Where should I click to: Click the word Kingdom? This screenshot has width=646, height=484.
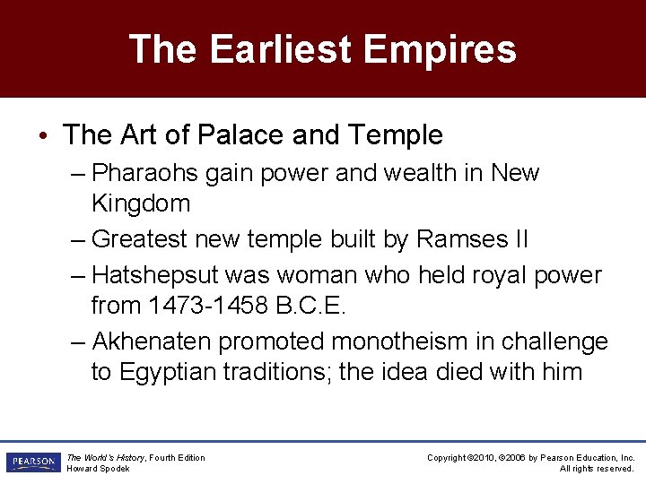[141, 203]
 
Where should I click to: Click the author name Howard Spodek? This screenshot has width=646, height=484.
[98, 469]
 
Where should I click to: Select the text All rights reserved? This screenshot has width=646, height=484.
[597, 469]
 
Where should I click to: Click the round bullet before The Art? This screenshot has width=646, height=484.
[43, 136]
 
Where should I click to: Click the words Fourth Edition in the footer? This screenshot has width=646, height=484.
[177, 458]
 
